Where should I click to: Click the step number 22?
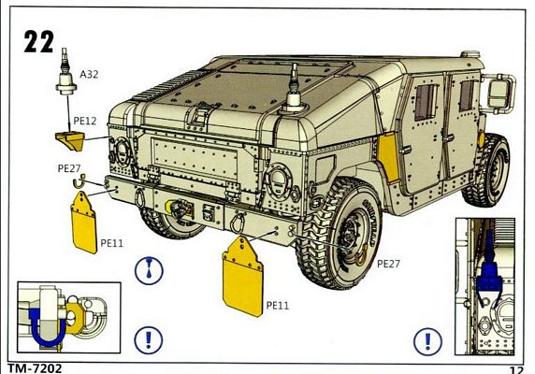click(x=38, y=41)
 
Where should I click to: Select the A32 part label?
click(x=89, y=74)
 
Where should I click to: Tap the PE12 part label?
click(x=85, y=121)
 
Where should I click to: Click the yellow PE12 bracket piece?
click(x=71, y=141)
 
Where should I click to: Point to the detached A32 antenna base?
click(x=65, y=73)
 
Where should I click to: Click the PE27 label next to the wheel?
click(x=388, y=264)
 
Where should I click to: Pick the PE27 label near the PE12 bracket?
click(x=69, y=168)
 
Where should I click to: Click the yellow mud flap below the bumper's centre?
click(x=242, y=277)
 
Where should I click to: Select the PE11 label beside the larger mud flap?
click(x=278, y=305)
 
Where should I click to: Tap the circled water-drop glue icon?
click(x=149, y=270)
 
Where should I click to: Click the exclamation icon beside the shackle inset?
click(x=149, y=340)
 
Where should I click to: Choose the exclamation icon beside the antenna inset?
click(x=427, y=341)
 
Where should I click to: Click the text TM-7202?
click(x=35, y=368)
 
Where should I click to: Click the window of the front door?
click(x=426, y=102)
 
